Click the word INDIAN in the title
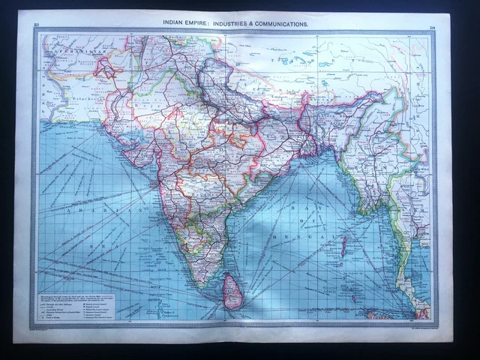tap(177, 24)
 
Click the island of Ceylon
tap(232, 290)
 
